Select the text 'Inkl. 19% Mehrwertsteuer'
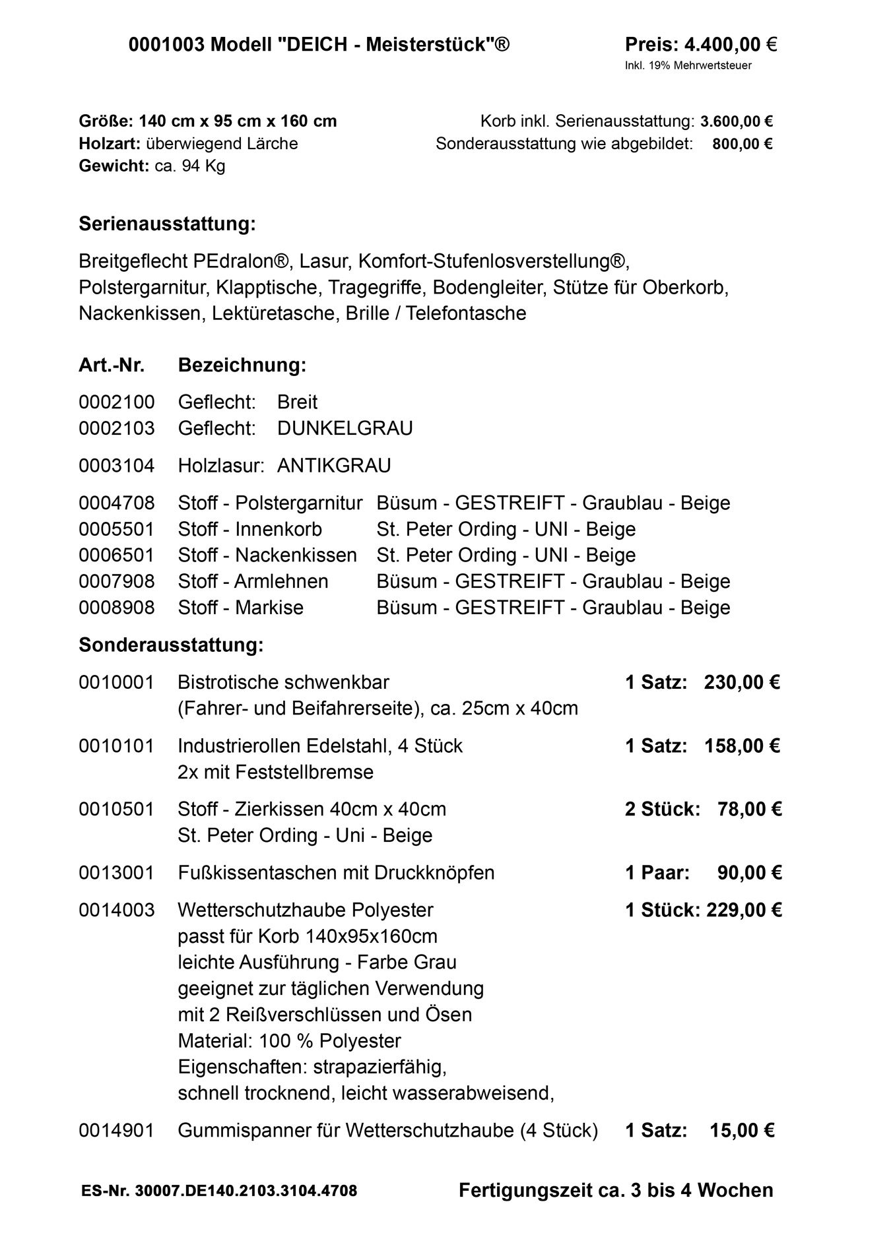688,65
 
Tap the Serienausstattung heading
167,224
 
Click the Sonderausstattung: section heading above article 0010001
171,645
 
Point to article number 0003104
116,466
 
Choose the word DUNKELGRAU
345,428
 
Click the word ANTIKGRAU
334,466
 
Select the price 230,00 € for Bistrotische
742,682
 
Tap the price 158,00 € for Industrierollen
742,746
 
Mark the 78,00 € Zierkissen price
749,809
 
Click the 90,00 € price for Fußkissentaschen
749,873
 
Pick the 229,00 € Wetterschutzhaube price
744,910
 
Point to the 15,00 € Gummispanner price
742,1131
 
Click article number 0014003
116,910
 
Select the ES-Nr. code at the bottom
219,1191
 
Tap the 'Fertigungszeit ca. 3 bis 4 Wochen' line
616,1190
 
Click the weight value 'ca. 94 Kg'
190,166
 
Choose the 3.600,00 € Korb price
737,121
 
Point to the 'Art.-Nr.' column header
112,365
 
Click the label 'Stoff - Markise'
240,608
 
